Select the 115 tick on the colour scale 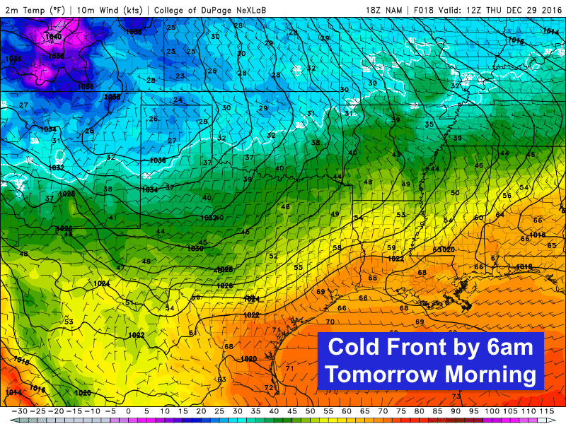click(x=546, y=411)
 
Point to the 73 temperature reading click(x=456, y=396)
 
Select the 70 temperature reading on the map click(x=330, y=302)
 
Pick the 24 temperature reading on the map click(x=178, y=100)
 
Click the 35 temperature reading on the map click(x=429, y=124)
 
